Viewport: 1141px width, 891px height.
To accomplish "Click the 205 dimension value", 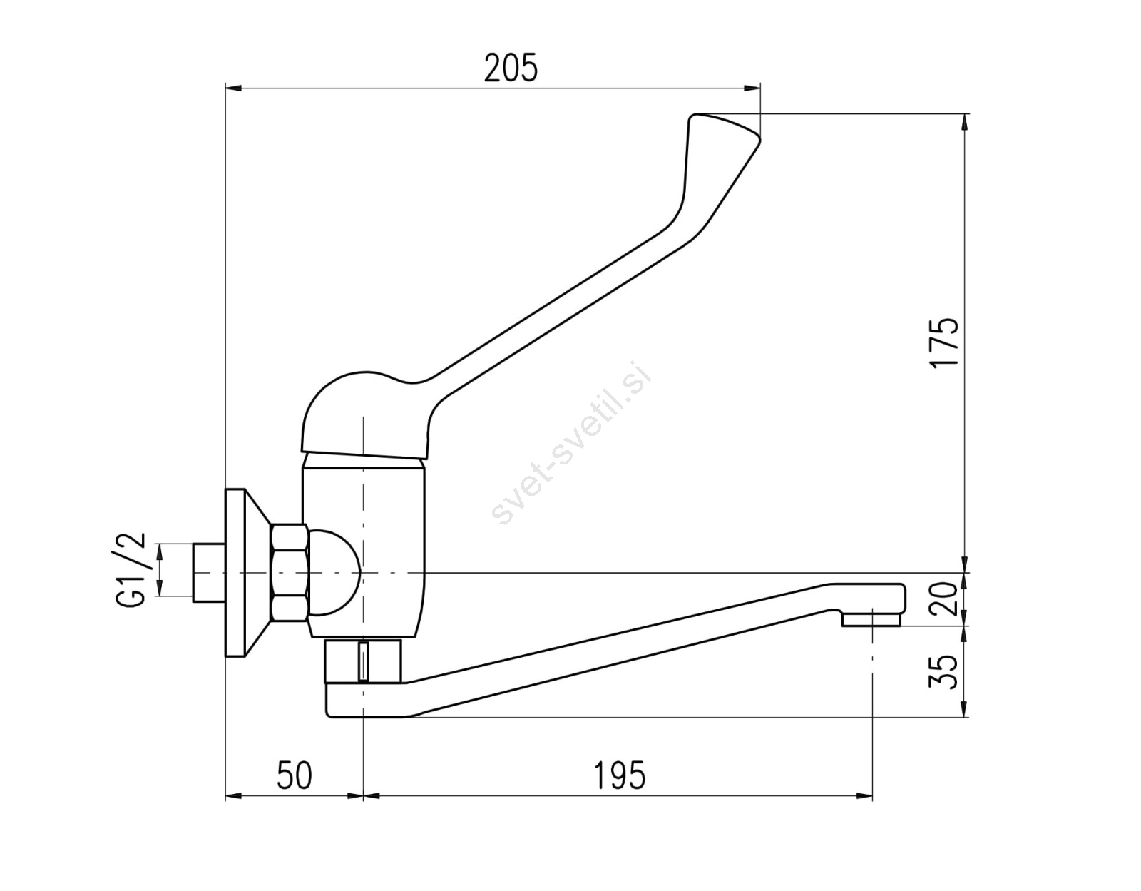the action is pyautogui.click(x=511, y=68).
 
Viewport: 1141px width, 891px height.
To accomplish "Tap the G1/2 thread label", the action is pyautogui.click(x=128, y=570).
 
